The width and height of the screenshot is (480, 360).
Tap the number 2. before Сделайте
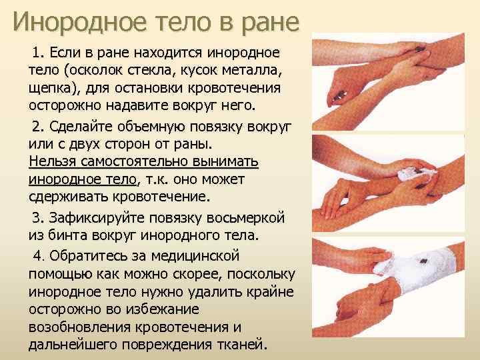point(38,127)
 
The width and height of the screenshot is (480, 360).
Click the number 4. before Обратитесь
point(38,256)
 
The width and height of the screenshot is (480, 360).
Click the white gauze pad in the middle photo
point(415,175)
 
